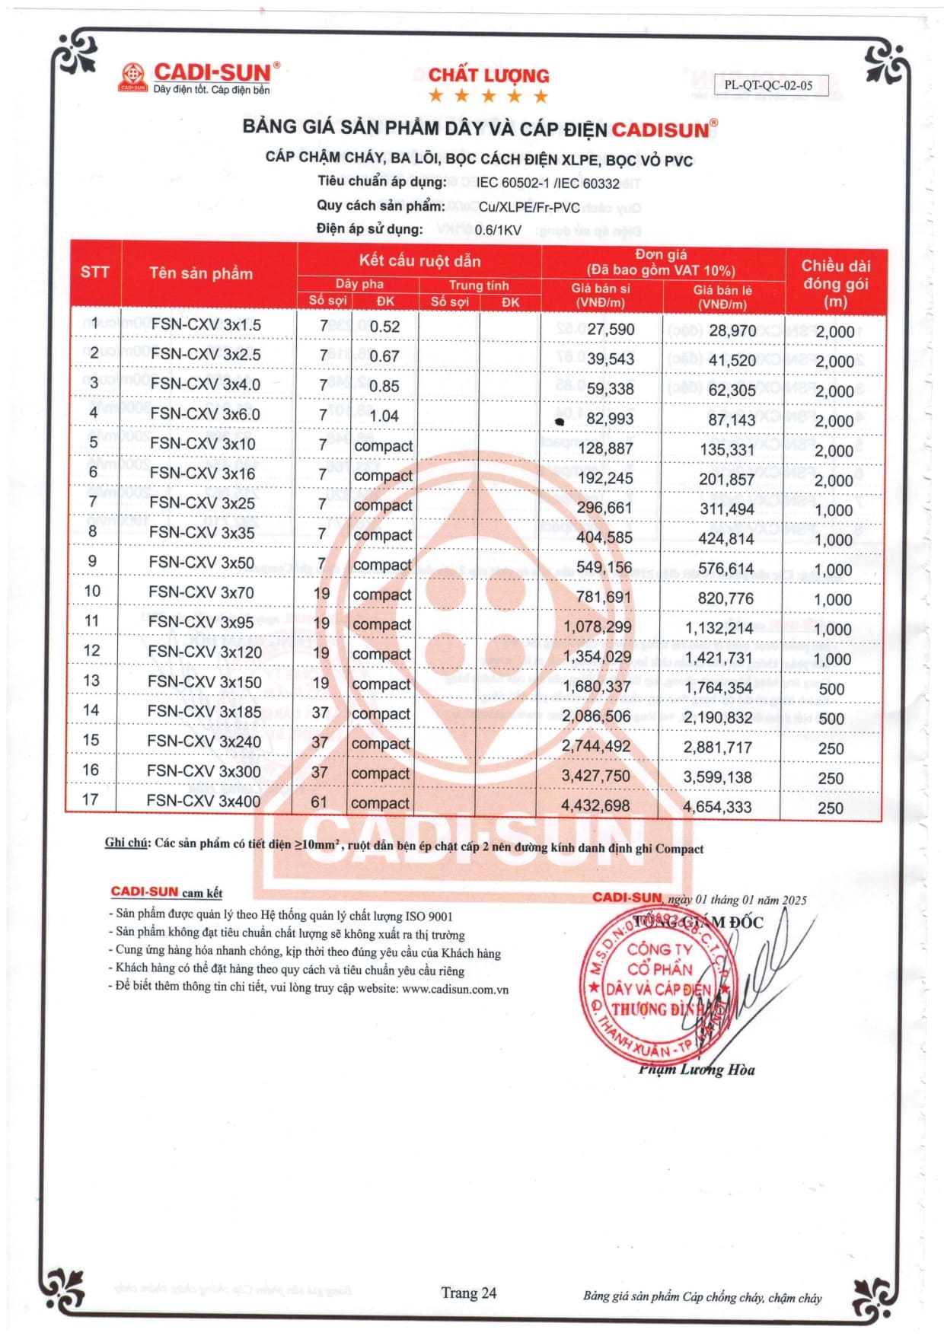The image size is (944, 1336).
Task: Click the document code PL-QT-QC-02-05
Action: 768,85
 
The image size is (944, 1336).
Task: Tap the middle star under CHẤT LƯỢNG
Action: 488,96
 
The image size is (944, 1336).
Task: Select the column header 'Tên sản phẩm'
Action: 201,273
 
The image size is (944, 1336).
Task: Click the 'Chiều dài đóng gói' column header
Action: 835,283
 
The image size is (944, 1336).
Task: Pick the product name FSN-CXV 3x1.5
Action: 206,325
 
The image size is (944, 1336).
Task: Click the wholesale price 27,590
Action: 611,329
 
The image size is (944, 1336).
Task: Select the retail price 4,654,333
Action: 717,807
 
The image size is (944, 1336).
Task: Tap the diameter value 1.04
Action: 384,416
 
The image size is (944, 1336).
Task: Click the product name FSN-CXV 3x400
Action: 203,802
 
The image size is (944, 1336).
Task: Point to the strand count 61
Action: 319,802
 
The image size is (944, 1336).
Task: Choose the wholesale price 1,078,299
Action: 598,627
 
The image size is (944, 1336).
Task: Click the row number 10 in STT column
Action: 92,591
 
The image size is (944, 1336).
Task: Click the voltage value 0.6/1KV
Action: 498,230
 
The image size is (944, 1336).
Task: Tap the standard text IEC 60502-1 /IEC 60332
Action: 548,183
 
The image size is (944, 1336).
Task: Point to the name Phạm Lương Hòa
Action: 697,1070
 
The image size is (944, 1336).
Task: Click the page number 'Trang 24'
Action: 468,1293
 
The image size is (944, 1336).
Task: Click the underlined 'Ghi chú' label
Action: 126,843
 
